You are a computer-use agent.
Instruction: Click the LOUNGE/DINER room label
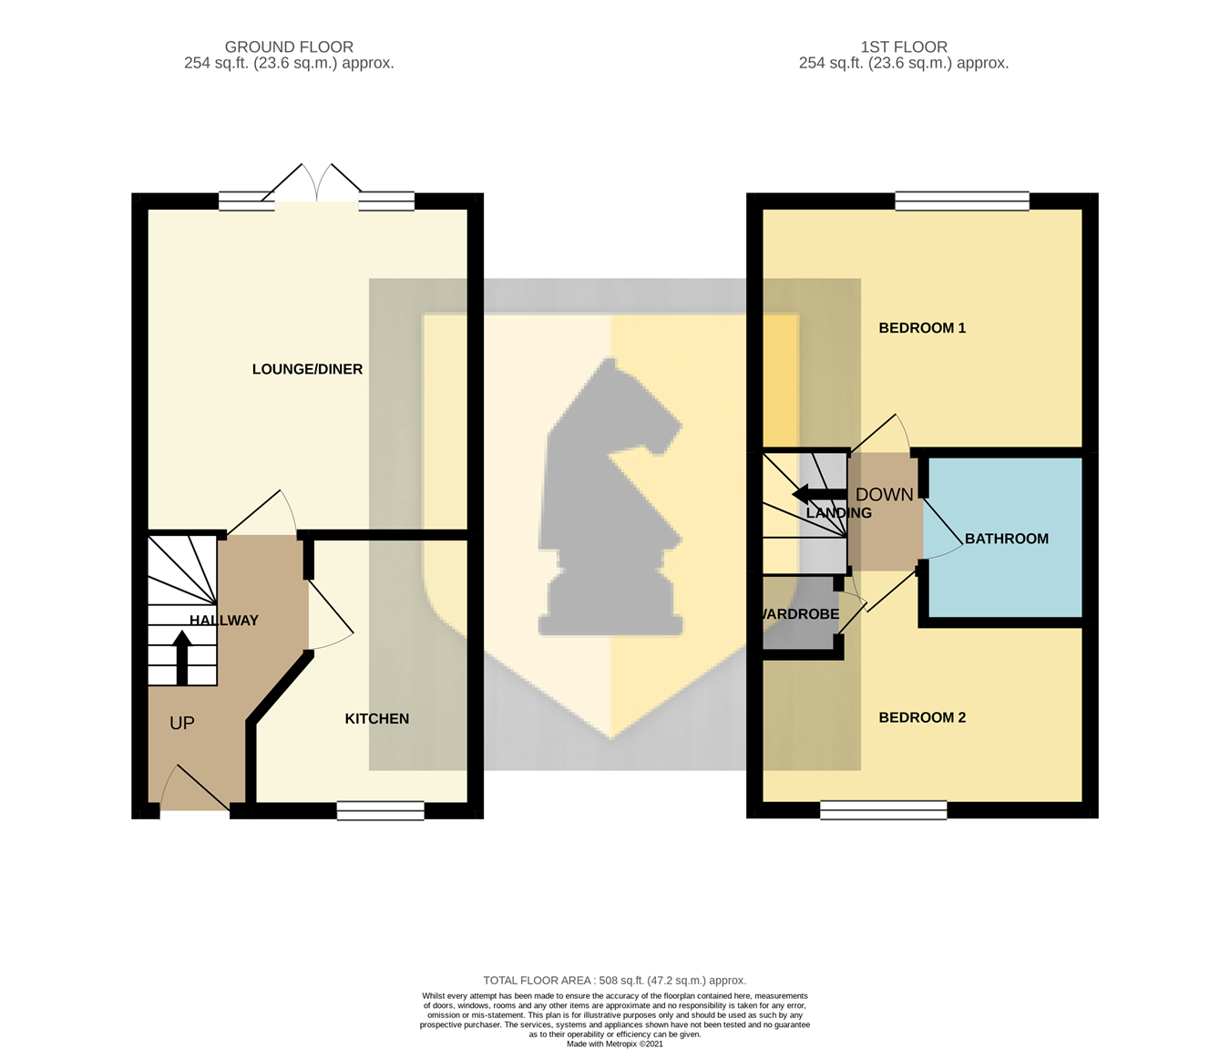coord(307,369)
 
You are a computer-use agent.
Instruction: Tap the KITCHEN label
coord(376,719)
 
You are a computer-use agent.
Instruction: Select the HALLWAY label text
coord(224,621)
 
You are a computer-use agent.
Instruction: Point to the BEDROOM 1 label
coord(922,328)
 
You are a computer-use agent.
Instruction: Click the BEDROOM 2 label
coord(922,717)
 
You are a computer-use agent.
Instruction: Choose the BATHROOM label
coord(1006,539)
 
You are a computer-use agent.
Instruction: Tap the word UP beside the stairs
coord(182,723)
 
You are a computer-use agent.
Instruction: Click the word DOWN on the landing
coord(884,495)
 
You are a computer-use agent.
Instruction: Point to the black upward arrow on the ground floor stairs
coord(182,658)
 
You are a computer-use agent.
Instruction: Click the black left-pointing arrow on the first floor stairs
coord(820,495)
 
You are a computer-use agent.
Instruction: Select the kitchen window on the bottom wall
coord(380,810)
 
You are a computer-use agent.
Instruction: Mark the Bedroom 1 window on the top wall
coord(962,201)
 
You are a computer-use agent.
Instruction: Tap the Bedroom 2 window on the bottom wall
coord(883,810)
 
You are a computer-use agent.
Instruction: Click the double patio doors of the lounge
coord(316,187)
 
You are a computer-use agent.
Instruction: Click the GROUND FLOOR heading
coord(289,46)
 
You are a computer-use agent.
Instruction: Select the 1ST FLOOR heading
coord(904,46)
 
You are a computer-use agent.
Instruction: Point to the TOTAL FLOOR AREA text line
coord(614,981)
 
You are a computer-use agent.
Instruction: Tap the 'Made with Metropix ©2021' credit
coord(614,1044)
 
